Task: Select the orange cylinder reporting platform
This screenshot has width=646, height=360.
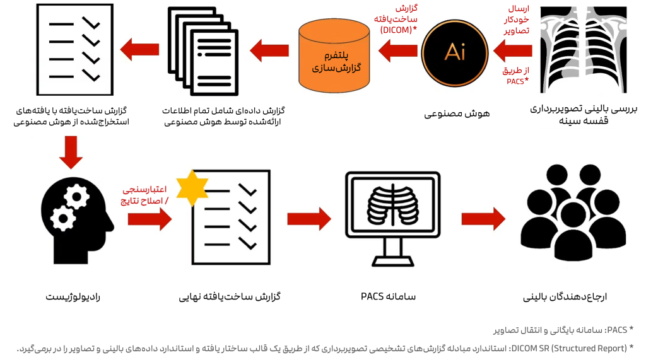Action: click(333, 54)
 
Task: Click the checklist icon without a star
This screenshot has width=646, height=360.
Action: click(74, 49)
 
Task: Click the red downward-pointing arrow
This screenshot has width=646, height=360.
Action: click(70, 153)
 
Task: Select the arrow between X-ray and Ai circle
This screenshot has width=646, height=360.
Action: click(514, 51)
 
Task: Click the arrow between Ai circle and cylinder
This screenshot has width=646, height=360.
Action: click(397, 50)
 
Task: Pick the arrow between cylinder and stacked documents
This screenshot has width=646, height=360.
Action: click(269, 49)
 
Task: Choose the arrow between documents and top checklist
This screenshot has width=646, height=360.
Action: click(139, 49)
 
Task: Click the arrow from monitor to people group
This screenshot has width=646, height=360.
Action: click(483, 219)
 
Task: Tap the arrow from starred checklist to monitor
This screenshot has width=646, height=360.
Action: click(309, 219)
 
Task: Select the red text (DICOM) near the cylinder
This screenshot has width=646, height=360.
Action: click(396, 30)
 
